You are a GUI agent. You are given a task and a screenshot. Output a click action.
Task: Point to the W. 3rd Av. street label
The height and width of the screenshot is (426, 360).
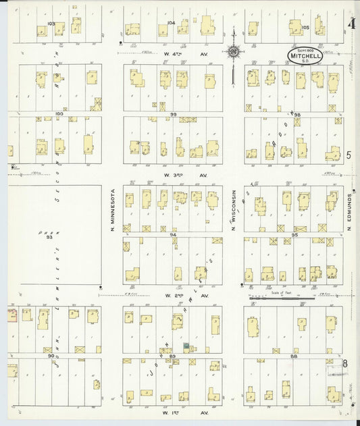click(x=178, y=174)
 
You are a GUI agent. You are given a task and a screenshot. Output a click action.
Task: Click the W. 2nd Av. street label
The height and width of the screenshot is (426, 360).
click(x=178, y=296)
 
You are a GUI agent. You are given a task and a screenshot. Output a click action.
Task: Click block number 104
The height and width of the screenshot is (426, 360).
click(x=172, y=22)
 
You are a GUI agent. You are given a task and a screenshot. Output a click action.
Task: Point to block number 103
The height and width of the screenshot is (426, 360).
click(x=51, y=23)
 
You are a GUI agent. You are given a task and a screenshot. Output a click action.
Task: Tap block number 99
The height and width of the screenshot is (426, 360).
click(x=174, y=115)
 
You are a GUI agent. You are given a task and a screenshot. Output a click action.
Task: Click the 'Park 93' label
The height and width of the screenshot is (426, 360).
click(x=49, y=234)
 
